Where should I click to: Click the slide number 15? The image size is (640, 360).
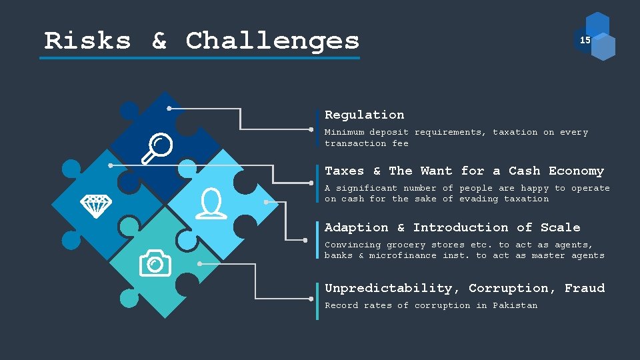click(585, 41)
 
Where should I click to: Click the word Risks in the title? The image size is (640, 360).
click(87, 41)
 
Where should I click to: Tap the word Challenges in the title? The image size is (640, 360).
click(273, 41)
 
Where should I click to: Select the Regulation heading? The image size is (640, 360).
click(364, 115)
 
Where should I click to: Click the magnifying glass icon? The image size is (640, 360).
click(158, 148)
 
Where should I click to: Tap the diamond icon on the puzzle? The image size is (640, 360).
click(96, 205)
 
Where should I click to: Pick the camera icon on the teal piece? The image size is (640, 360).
click(155, 263)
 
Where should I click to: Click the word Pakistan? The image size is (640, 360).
click(515, 305)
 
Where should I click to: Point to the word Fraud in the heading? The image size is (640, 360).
click(584, 288)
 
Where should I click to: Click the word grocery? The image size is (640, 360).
click(406, 245)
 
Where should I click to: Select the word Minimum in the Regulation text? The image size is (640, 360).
click(344, 132)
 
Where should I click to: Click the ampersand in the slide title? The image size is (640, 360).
click(159, 41)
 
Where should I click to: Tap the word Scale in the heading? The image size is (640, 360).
click(560, 227)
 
